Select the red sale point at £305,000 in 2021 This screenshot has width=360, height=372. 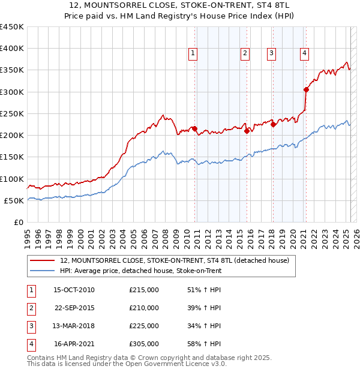pyautogui.click(x=306, y=90)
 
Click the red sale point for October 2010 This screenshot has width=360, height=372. pyautogui.click(x=195, y=128)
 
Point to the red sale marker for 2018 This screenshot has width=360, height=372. pyautogui.click(x=273, y=124)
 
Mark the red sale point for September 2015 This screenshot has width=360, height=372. pyautogui.click(x=247, y=131)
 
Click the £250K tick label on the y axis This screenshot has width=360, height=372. pyautogui.click(x=12, y=113)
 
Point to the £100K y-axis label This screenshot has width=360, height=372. pyautogui.click(x=12, y=179)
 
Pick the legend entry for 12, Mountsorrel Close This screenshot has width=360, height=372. pyautogui.click(x=175, y=260)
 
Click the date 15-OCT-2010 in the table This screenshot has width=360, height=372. pyautogui.click(x=74, y=290)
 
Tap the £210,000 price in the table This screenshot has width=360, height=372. pyautogui.click(x=144, y=308)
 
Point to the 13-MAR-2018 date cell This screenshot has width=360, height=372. pyautogui.click(x=74, y=326)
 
